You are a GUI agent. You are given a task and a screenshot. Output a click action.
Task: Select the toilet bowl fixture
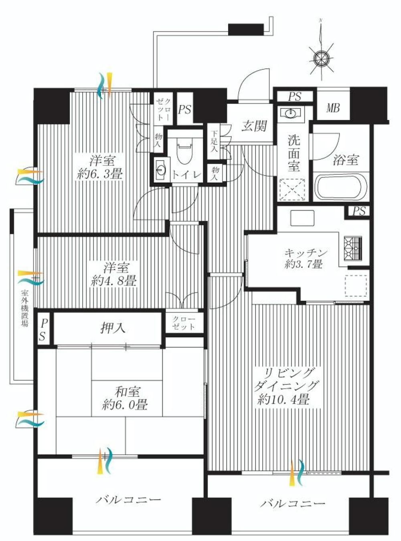(x=184, y=152)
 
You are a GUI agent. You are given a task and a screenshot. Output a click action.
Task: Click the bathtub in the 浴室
(x=341, y=187)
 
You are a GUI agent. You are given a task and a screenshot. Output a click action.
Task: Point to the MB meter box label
(x=333, y=108)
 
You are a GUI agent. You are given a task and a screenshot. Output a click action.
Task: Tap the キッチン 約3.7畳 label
(x=306, y=258)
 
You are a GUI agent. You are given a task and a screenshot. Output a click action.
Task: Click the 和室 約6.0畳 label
(x=125, y=398)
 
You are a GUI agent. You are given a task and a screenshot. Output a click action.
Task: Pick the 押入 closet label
(x=113, y=329)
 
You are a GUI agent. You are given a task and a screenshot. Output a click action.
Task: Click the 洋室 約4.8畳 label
(x=114, y=274)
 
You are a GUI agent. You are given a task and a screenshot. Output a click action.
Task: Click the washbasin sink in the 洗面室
(x=290, y=114)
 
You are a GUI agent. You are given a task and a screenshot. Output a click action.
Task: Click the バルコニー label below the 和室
(x=128, y=500)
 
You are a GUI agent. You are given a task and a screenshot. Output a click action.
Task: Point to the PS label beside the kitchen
(x=359, y=211)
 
